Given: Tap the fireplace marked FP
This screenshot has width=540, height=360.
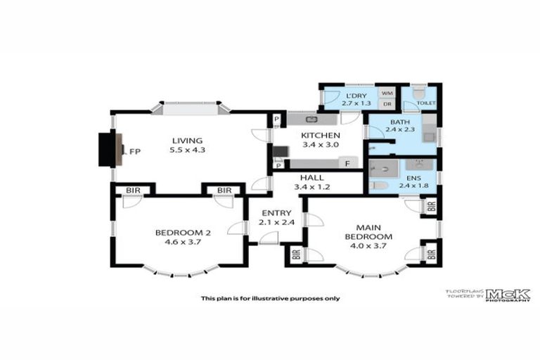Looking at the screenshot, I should point(109,149).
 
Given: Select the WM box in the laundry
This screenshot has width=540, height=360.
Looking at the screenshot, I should point(386,92).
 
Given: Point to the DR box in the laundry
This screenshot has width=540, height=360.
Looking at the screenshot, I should point(386,104).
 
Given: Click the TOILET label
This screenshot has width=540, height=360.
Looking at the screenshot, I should point(425,103).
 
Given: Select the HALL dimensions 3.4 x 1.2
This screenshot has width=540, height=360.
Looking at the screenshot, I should point(321,187).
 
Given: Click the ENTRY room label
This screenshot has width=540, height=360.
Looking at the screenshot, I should point(275,213).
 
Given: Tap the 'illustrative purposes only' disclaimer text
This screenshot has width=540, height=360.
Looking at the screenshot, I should point(270,298).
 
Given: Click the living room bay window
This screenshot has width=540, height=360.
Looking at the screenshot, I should point(191,108).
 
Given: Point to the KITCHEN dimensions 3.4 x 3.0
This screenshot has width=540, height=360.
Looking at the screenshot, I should point(321,145).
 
